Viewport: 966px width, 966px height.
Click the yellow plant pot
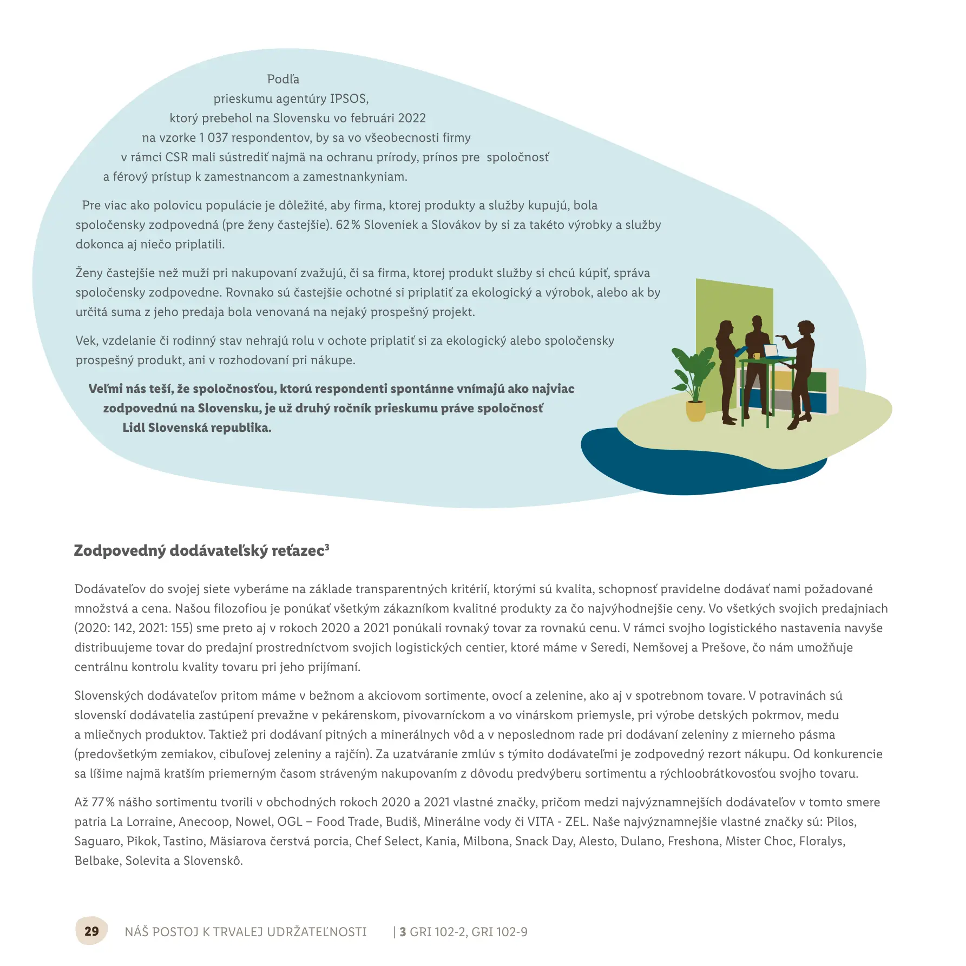(695, 411)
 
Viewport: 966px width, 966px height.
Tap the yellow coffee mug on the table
(757, 356)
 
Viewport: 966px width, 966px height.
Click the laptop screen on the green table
(770, 350)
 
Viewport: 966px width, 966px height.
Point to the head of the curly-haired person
(806, 328)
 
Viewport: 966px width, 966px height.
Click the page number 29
(91, 931)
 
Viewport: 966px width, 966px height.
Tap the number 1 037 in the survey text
(213, 138)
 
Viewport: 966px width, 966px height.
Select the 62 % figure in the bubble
(347, 225)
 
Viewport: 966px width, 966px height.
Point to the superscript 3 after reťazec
(327, 547)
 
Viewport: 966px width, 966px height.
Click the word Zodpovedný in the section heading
(120, 551)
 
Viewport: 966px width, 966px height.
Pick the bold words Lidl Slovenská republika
(196, 428)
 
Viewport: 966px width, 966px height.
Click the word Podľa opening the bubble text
(283, 80)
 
